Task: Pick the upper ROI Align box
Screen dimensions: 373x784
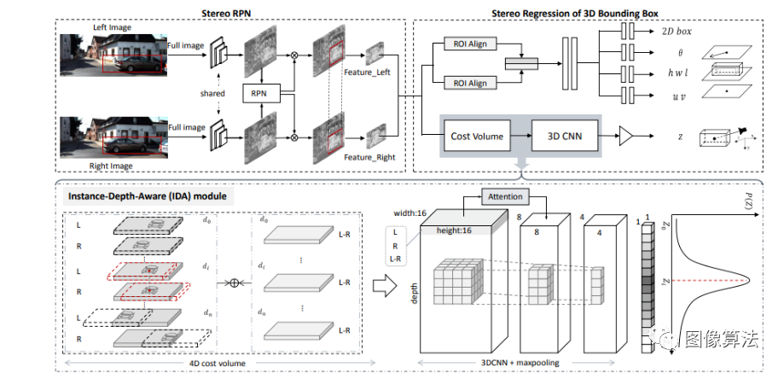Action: (471, 44)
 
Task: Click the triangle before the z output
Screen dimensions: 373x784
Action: (625, 135)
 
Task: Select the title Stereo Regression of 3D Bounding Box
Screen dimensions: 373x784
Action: (580, 12)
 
